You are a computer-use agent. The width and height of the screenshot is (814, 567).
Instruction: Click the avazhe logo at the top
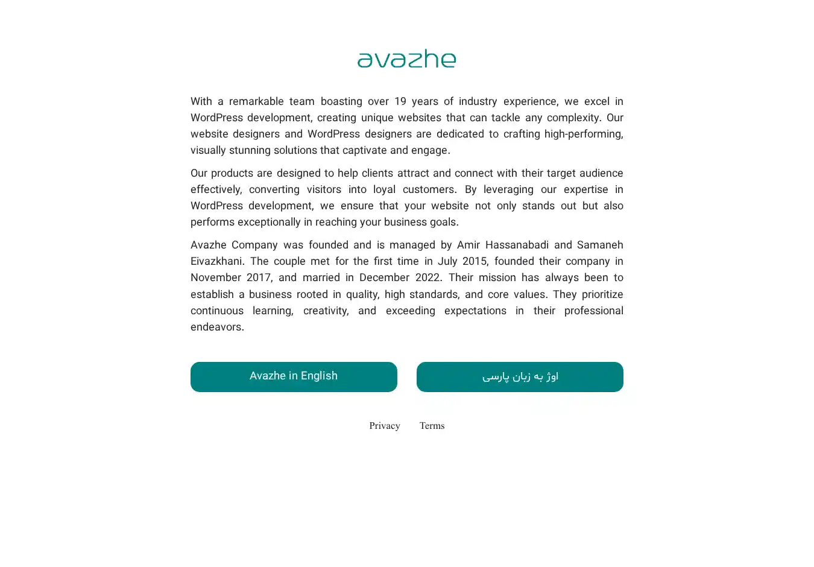(x=406, y=59)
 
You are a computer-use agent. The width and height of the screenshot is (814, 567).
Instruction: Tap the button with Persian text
(x=520, y=377)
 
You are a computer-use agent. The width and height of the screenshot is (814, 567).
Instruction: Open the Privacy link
(x=385, y=426)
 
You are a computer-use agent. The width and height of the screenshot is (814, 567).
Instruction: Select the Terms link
(x=432, y=426)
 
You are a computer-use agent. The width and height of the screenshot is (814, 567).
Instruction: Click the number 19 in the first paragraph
(x=400, y=101)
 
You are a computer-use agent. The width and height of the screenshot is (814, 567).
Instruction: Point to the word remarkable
(x=256, y=101)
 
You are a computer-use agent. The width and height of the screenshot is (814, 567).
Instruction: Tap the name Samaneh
(x=600, y=245)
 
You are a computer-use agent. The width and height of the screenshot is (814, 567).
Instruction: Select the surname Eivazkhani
(x=216, y=261)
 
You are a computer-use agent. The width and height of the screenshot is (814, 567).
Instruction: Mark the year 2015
(x=474, y=261)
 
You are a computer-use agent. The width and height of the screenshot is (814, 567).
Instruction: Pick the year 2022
(x=428, y=277)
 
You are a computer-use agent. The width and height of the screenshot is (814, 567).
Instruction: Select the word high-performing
(x=583, y=134)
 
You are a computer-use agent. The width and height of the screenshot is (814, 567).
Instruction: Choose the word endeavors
(x=216, y=327)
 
